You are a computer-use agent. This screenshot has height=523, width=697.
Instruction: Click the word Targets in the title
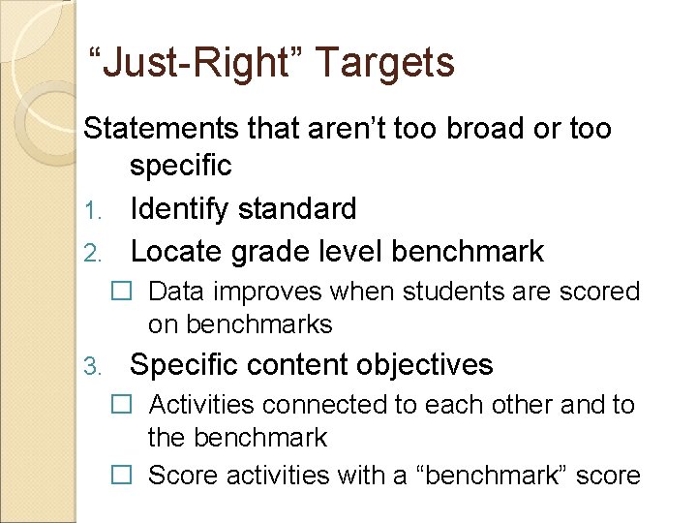pos(384,63)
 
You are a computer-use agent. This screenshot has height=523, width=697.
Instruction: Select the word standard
pos(303,208)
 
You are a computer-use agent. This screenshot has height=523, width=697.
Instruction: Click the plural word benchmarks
pos(258,323)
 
